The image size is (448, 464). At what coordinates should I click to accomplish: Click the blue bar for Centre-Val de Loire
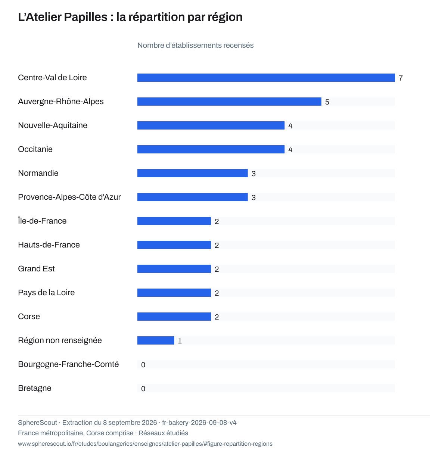pos(266,78)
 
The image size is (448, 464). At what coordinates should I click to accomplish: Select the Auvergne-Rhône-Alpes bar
pos(229,102)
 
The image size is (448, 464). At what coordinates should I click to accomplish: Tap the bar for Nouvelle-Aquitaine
pos(211,125)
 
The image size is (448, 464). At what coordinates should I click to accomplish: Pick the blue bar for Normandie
pos(192,173)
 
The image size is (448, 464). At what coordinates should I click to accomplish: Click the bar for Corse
pos(174,317)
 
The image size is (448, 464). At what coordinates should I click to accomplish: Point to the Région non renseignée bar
pos(156,340)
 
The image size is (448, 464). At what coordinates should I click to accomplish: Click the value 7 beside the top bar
pos(401,78)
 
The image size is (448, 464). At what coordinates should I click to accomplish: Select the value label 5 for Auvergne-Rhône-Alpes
pos(327,102)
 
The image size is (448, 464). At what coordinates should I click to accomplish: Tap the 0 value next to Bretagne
pos(143,389)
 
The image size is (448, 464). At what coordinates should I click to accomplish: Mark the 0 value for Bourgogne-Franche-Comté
pos(143,365)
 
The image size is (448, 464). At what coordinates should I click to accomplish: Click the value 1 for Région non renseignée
pos(180,341)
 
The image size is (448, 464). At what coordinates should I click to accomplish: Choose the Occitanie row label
pos(35,149)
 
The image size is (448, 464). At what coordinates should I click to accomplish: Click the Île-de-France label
pos(42,221)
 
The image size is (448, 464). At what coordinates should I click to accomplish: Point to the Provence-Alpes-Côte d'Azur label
pos(69,197)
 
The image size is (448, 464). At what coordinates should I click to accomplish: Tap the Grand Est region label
pos(36,269)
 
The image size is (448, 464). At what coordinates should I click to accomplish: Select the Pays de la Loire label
pos(46,293)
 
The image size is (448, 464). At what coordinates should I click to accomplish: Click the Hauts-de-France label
pos(49,245)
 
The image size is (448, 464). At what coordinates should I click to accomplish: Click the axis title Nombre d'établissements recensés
pos(195,45)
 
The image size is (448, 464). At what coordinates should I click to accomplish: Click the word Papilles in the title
pos(86,17)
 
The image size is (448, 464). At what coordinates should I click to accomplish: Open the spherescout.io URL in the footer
pos(145,444)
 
